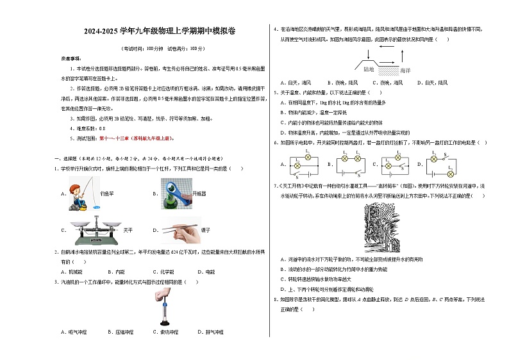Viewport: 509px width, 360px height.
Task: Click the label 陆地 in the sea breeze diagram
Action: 369,69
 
